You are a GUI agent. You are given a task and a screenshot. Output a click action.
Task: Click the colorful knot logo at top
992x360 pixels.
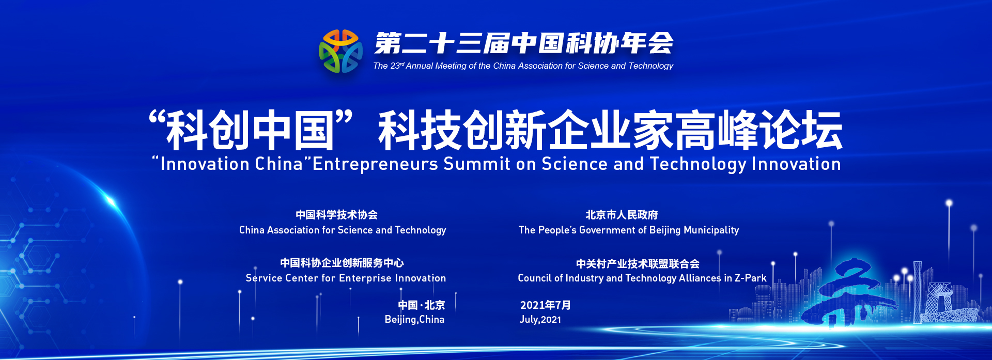point(340,51)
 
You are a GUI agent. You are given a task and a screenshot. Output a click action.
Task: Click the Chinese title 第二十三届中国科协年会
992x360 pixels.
point(524,43)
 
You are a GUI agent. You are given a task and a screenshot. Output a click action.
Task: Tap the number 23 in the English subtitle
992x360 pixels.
point(395,66)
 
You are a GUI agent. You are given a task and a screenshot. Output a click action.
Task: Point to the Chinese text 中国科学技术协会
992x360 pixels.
point(337,214)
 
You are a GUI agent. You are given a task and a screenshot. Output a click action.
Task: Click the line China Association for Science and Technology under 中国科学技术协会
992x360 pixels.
point(343,230)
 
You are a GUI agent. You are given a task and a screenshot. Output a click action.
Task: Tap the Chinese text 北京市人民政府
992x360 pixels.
point(622,214)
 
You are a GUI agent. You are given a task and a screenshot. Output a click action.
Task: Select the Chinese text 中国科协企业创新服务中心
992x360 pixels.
point(342,262)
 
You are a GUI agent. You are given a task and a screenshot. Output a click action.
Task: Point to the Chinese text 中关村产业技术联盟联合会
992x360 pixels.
point(638,263)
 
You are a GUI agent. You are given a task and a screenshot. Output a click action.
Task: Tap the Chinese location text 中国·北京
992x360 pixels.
point(421,305)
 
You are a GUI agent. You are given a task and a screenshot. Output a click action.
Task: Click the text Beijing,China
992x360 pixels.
point(414,319)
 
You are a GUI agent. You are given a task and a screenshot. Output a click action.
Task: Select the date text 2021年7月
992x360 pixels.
point(545,305)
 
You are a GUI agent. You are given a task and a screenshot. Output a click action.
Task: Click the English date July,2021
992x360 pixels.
point(540,319)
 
